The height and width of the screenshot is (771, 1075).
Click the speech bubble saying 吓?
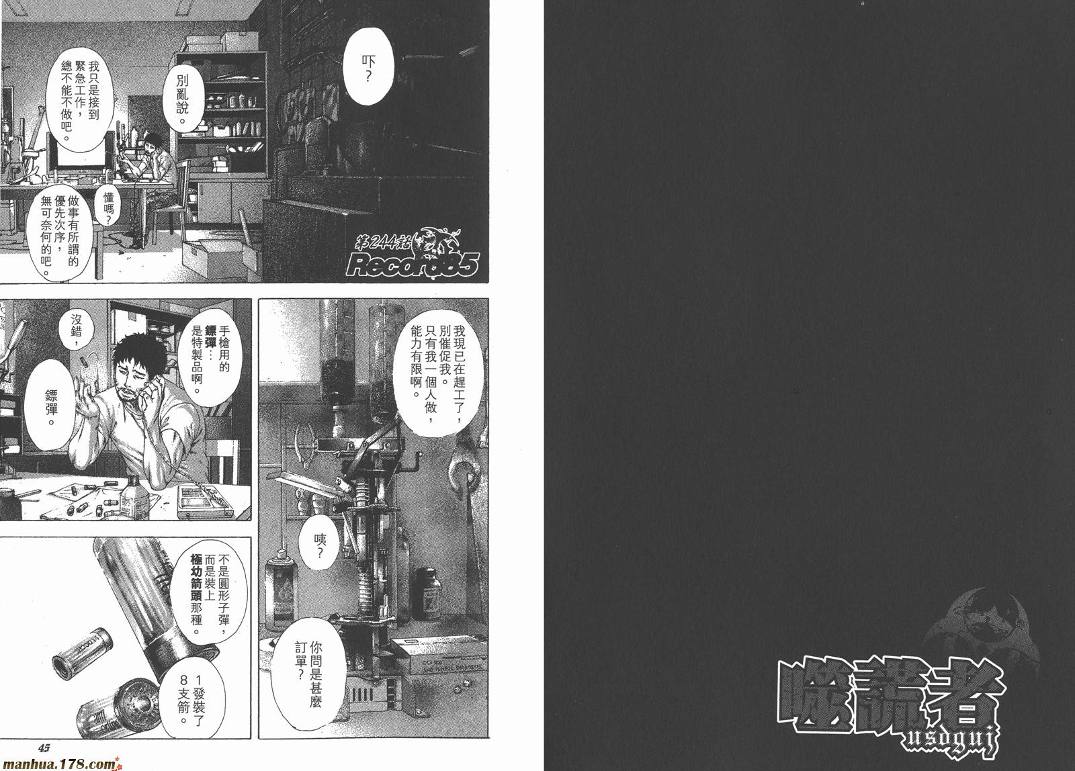coord(368,68)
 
